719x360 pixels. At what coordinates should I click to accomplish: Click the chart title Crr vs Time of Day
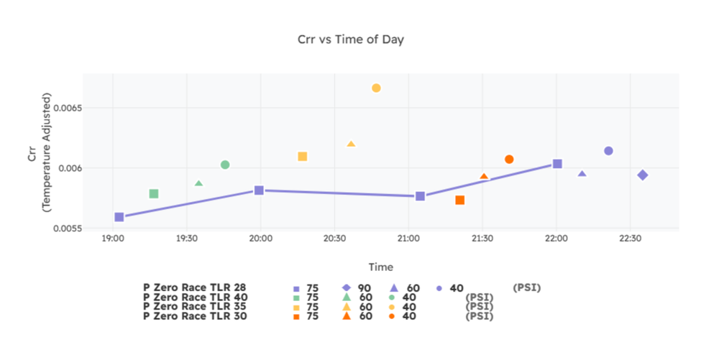[351, 40]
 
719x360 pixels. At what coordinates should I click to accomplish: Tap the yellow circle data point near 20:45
[376, 88]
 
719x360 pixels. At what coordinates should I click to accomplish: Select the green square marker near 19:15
[154, 194]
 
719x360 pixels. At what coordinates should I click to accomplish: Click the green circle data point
[225, 165]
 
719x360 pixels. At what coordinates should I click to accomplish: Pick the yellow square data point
[303, 157]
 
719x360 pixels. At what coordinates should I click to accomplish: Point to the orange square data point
[460, 200]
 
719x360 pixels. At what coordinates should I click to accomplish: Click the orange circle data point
[509, 160]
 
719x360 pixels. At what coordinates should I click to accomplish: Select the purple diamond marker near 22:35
[643, 175]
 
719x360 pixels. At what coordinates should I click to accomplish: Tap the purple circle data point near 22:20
[608, 151]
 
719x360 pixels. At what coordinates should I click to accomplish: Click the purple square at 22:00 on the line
[557, 164]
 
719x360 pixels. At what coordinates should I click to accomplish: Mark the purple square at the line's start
[119, 217]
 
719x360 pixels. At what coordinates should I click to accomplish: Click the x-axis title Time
[380, 267]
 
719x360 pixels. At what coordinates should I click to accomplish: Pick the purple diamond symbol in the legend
[346, 288]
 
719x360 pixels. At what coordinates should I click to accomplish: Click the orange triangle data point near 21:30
[484, 177]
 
